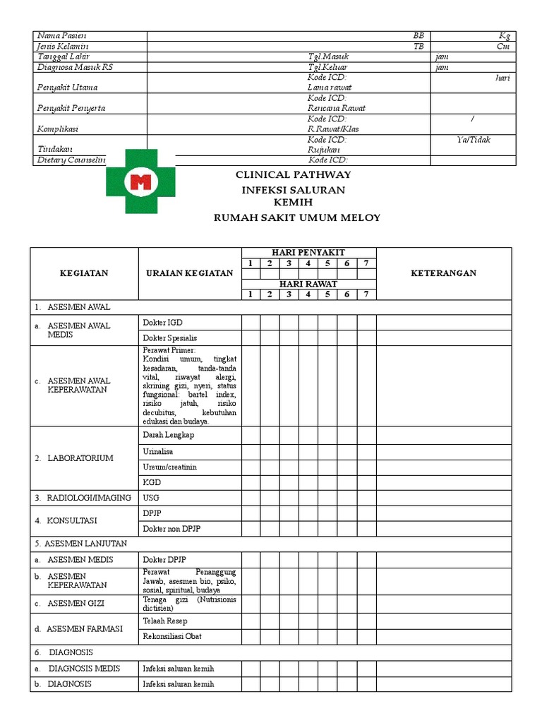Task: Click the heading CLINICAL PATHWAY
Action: click(292, 174)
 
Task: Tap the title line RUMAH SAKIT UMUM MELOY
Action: click(296, 217)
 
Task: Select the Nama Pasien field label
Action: click(61, 36)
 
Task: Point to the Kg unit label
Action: click(504, 36)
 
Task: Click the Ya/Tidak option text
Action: click(473, 140)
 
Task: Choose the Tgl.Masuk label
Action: click(328, 56)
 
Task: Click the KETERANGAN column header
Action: click(443, 273)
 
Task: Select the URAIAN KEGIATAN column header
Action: click(189, 273)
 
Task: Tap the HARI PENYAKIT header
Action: click(309, 252)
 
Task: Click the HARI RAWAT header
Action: click(309, 284)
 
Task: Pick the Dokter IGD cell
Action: click(162, 322)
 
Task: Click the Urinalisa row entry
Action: click(158, 451)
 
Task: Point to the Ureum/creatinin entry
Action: click(169, 467)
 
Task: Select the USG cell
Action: click(150, 498)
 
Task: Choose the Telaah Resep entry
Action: click(165, 621)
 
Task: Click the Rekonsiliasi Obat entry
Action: click(171, 636)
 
